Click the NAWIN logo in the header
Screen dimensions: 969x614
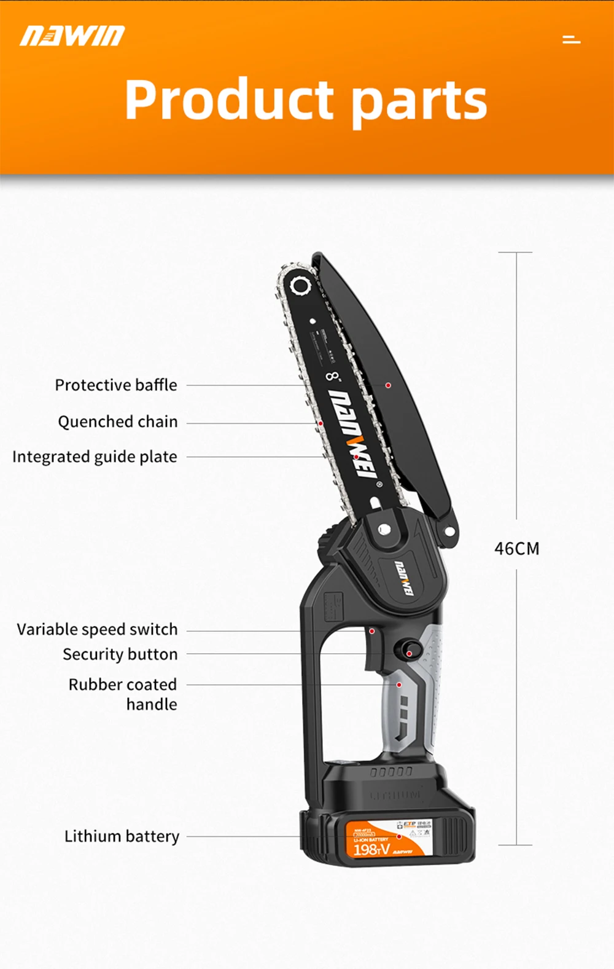coord(72,36)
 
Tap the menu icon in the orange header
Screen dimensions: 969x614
coord(571,39)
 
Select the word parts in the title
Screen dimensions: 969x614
coord(420,101)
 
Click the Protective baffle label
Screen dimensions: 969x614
coord(116,385)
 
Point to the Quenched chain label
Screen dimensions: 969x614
coord(118,422)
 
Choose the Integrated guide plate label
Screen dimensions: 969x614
coord(95,457)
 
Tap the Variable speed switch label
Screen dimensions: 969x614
coord(97,629)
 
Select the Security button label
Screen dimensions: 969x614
coord(120,654)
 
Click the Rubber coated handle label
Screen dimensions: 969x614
coord(123,694)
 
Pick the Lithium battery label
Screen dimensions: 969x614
coord(122,836)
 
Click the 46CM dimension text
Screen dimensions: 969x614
coord(517,548)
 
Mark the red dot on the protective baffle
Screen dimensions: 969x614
coord(388,385)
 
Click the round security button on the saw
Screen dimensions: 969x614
coord(408,649)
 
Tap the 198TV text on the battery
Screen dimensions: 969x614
coord(371,849)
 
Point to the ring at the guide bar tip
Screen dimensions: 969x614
coord(301,286)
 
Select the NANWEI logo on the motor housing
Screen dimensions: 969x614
coord(403,578)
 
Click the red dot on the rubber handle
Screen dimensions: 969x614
coord(399,685)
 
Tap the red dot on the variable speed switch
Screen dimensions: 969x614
coord(372,631)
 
